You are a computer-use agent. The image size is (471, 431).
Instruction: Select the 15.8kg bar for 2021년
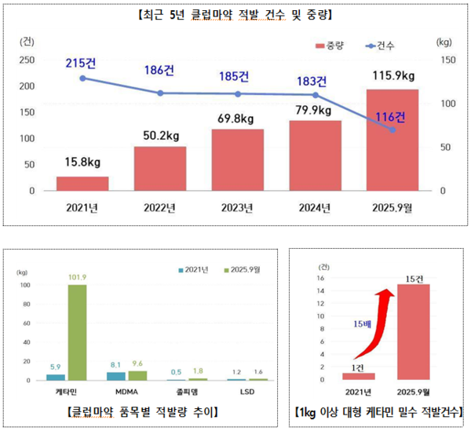click(82, 184)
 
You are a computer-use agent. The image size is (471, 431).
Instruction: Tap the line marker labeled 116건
click(392, 130)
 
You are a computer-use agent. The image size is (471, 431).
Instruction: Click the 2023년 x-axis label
click(237, 208)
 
